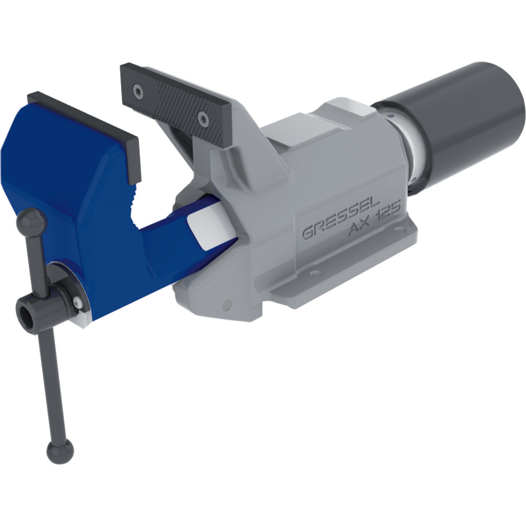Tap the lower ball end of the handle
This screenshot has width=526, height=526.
pos(60,451)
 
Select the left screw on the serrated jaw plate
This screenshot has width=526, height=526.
pos(138,91)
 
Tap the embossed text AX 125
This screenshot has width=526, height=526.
pos(375,220)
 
